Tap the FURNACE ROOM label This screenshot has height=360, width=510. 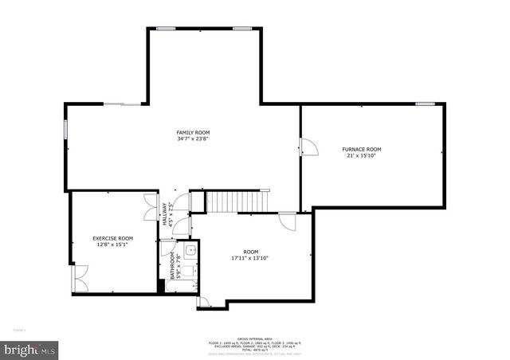click(x=362, y=149)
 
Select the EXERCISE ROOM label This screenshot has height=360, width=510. click(x=112, y=238)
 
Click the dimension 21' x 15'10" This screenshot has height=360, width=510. click(x=361, y=156)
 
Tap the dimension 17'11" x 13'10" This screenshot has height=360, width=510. click(x=250, y=257)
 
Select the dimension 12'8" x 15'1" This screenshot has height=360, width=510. click(x=112, y=245)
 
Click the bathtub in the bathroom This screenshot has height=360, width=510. click(x=187, y=270)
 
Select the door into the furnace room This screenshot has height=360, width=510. click(x=308, y=147)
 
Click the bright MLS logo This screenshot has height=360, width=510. click(x=29, y=349)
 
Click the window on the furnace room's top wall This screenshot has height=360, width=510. click(x=425, y=104)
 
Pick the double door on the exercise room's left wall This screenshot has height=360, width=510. click(x=78, y=278)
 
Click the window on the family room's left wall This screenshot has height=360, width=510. click(x=66, y=130)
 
